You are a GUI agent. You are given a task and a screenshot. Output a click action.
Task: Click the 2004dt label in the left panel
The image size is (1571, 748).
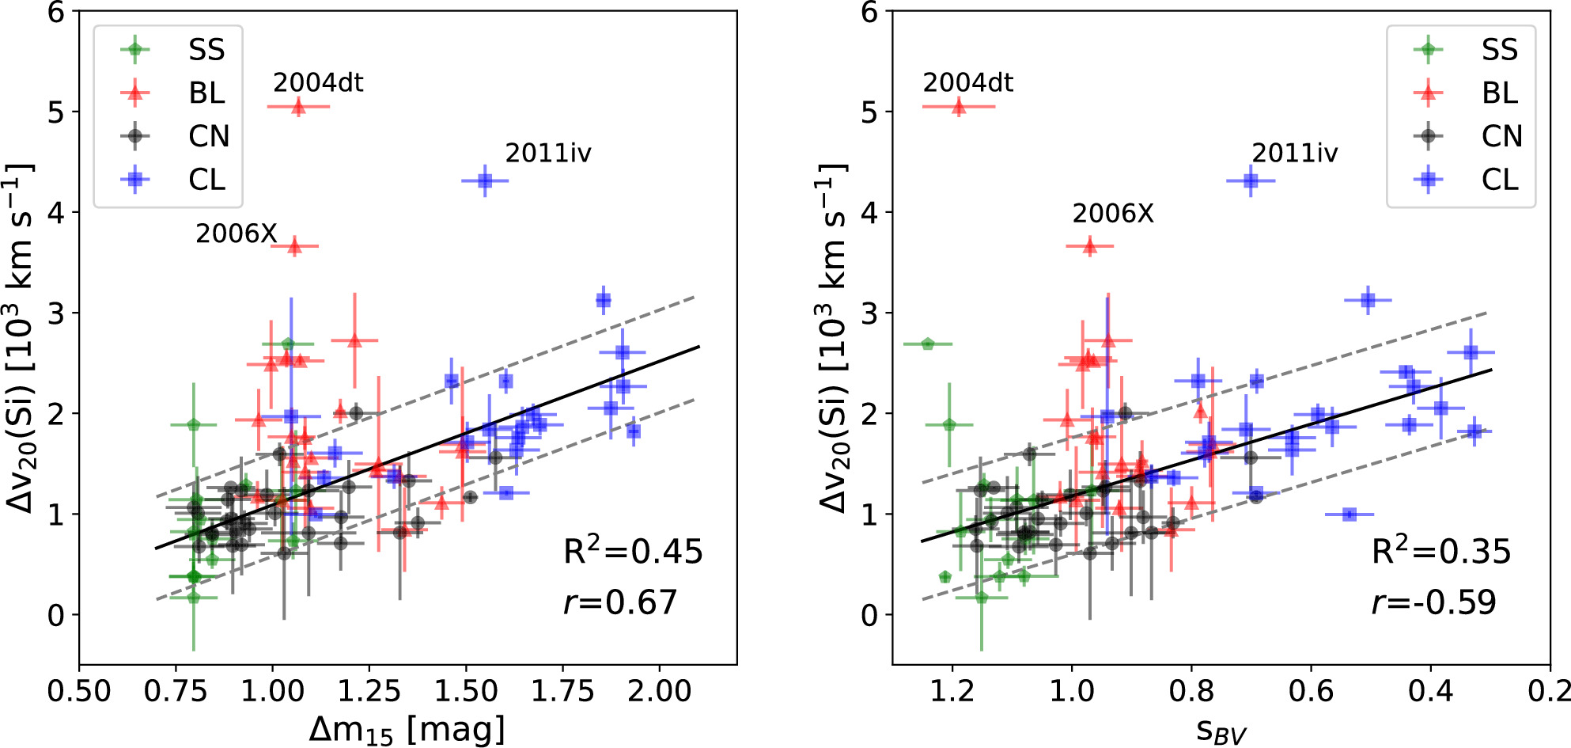318,82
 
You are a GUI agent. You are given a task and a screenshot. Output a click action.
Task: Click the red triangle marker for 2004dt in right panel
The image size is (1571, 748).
959,106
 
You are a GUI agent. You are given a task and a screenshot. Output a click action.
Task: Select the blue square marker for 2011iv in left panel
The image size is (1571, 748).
485,181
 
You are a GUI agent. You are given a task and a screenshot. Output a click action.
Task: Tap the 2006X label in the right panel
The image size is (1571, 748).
1113,213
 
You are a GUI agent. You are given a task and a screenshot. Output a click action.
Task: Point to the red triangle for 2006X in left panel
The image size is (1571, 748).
294,246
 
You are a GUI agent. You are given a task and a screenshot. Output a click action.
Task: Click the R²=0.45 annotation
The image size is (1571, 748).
633,551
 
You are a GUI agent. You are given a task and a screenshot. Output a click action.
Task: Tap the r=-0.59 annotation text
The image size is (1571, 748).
1433,602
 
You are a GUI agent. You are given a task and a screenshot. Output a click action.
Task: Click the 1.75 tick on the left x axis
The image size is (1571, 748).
562,691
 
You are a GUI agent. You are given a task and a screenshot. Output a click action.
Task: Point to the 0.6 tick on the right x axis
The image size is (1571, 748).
1311,691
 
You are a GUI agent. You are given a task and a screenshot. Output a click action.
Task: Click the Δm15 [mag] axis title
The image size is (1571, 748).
407,729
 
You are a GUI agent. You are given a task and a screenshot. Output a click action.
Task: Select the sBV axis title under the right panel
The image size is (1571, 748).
1221,731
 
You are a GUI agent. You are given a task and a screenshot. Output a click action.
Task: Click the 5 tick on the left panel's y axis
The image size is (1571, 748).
55,112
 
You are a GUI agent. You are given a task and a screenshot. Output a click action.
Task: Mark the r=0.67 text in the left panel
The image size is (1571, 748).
620,602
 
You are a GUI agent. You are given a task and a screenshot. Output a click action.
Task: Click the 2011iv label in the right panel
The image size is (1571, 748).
1295,153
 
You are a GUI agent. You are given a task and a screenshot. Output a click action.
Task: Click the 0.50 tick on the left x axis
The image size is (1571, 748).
79,691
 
